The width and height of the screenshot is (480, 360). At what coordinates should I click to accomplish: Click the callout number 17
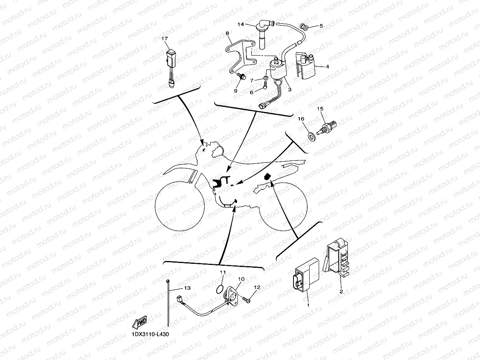(x=165, y=38)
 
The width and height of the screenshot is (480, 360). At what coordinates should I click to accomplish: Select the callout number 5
(x=321, y=26)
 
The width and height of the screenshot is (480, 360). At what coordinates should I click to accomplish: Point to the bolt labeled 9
(x=243, y=76)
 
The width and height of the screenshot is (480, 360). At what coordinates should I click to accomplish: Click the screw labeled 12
(x=247, y=300)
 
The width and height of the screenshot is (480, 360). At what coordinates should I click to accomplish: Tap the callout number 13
(x=187, y=288)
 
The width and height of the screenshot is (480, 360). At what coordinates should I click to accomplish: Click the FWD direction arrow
(x=140, y=323)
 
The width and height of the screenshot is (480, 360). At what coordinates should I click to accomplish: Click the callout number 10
(x=241, y=279)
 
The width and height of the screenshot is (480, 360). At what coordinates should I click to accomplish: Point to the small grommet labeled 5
(x=304, y=27)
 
